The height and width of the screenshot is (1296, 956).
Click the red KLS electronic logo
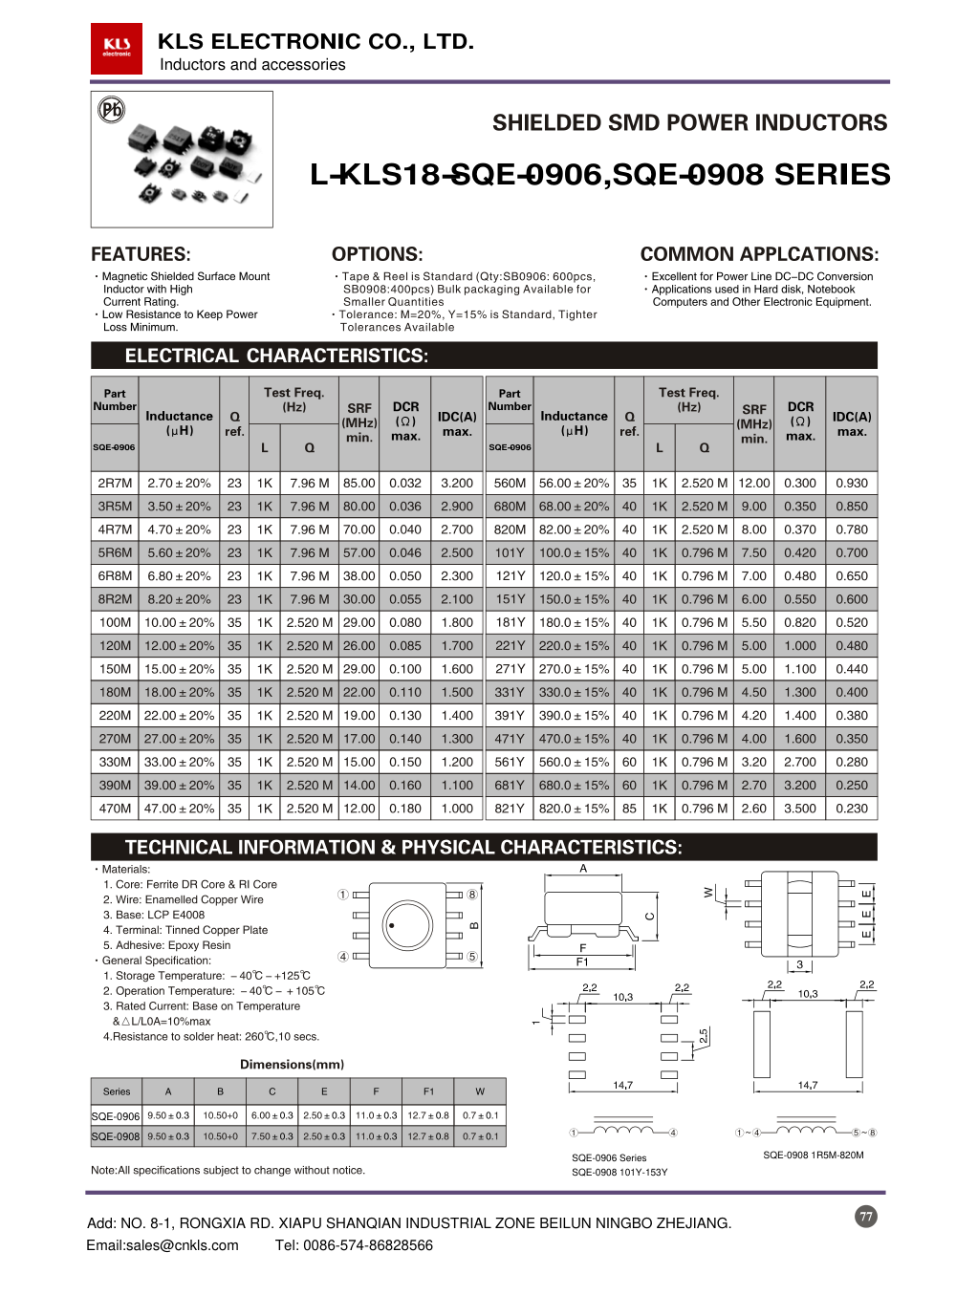click(x=117, y=48)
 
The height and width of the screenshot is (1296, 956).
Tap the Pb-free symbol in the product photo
click(x=112, y=110)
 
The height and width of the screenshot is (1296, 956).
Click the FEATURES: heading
click(x=141, y=254)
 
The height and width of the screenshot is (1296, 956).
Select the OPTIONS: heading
click(x=377, y=254)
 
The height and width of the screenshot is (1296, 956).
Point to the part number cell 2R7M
click(x=115, y=484)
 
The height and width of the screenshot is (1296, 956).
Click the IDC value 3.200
click(x=457, y=484)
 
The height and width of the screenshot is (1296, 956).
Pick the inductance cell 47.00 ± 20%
click(x=179, y=809)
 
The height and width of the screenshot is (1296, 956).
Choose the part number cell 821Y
click(x=510, y=809)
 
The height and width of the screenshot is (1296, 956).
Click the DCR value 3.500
click(x=800, y=809)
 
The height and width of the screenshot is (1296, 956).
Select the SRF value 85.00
click(x=359, y=484)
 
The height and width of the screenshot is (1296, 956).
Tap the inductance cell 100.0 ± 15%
click(x=574, y=553)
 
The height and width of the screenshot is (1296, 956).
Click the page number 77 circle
click(x=866, y=1217)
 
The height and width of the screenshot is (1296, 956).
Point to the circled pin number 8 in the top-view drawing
click(x=472, y=895)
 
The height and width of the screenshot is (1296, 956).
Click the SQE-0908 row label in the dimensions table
click(x=116, y=1136)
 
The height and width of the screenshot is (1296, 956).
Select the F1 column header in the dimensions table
click(x=428, y=1091)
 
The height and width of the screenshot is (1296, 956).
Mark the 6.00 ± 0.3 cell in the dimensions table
click(x=272, y=1115)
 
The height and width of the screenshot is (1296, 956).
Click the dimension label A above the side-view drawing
click(x=583, y=869)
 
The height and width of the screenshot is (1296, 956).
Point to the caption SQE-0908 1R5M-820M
click(x=813, y=1156)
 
